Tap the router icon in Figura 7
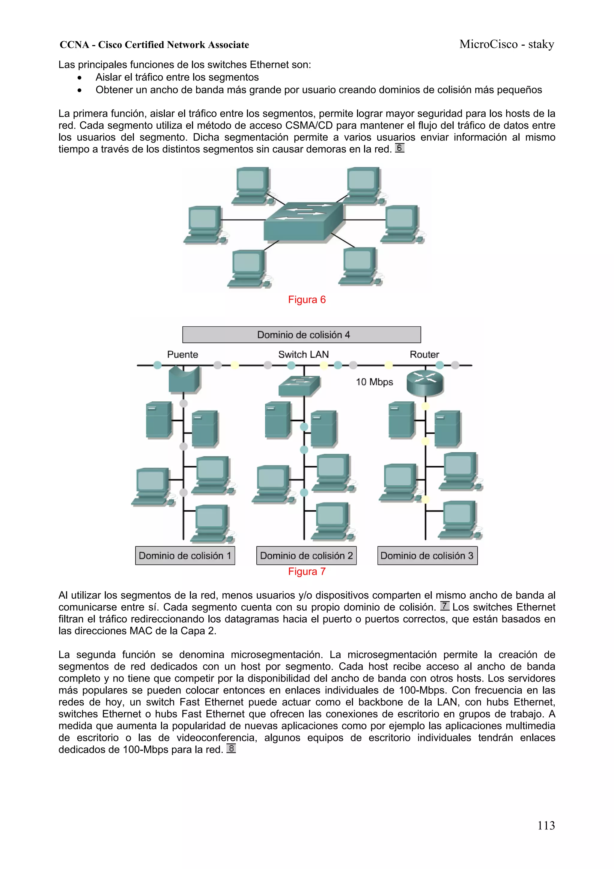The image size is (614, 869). pos(425,383)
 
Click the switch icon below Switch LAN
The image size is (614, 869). pos(299,386)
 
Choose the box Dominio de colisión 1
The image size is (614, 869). pos(185,556)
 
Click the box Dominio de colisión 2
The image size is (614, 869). pos(306,556)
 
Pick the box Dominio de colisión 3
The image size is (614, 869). pos(427,556)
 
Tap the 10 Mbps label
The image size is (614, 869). pos(374,382)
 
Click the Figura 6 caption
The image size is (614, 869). pos(307,300)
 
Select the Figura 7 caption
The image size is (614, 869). pos(307,571)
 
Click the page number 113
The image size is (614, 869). pos(546,825)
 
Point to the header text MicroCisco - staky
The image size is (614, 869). pos(507,44)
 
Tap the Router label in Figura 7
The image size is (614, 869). pos(424,355)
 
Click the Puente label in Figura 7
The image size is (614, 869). pos(183,355)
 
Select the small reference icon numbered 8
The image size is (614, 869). pos(231,748)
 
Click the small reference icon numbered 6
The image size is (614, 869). pos(400,148)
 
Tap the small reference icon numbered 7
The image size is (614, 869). pos(445,606)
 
